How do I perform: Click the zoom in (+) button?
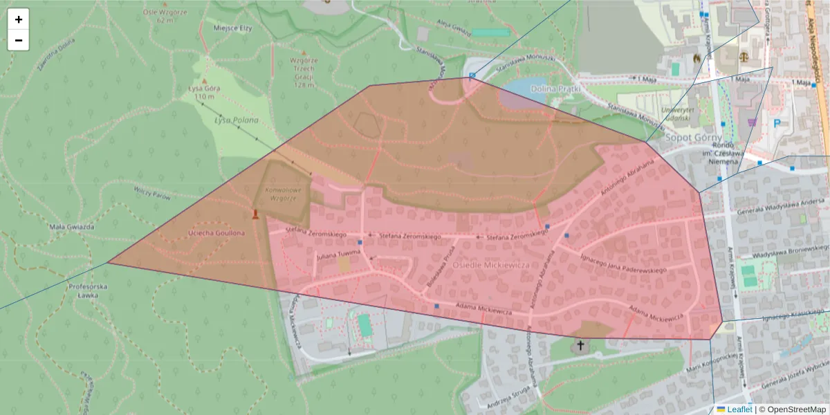[x=19, y=19]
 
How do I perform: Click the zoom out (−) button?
[x=19, y=40]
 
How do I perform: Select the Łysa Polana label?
[x=236, y=120]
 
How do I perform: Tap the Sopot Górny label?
[x=693, y=138]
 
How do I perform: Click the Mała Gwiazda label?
[x=67, y=226]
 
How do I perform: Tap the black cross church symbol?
[x=580, y=344]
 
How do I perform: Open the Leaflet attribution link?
[x=739, y=409]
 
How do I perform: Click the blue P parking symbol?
[x=777, y=123]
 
